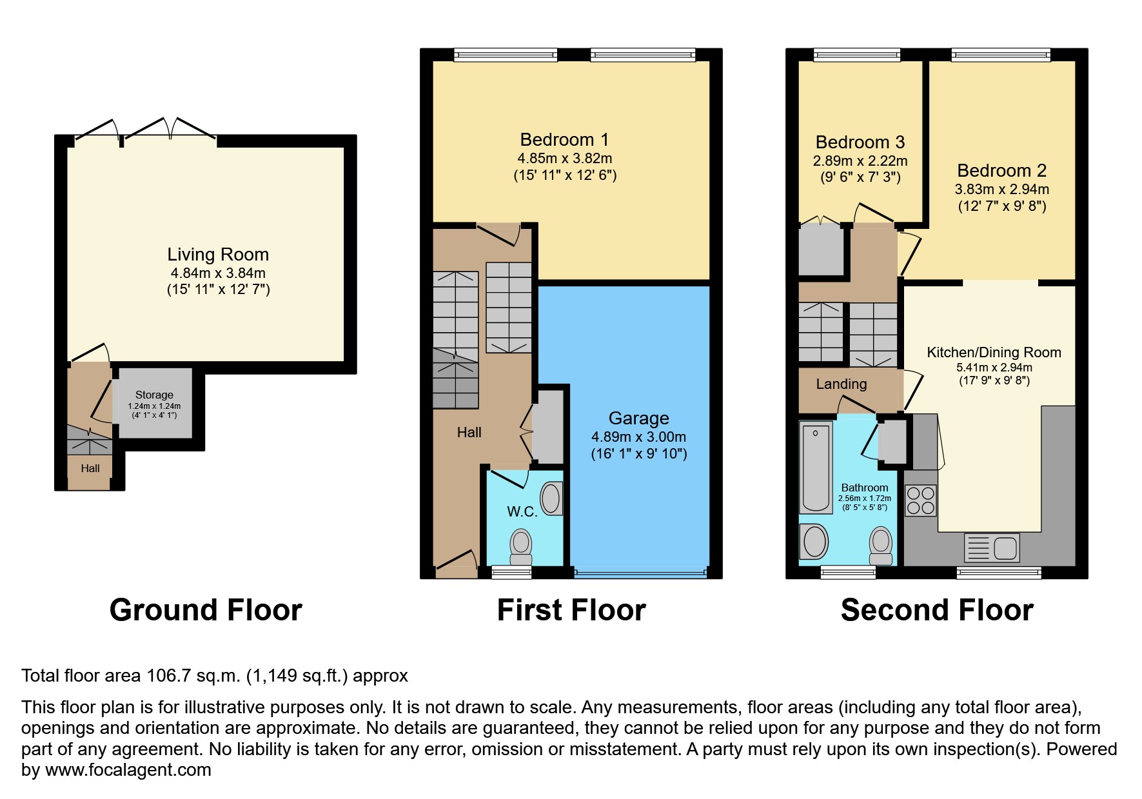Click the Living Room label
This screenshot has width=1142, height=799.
coord(218,255)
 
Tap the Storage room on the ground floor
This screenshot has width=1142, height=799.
coord(155,404)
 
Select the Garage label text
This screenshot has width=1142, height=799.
coord(638,419)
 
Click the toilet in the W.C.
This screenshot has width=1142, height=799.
coord(521,547)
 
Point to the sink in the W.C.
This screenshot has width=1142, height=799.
coord(551,498)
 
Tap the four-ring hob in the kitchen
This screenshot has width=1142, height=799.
coord(920,501)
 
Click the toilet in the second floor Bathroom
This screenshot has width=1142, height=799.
coord(881,546)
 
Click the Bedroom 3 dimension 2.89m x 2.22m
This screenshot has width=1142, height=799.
coord(860,161)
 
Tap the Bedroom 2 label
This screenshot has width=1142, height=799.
coord(1001,171)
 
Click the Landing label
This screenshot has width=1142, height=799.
coord(841,384)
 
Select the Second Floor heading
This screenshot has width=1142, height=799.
coord(936,610)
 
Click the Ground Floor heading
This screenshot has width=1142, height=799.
coord(206,610)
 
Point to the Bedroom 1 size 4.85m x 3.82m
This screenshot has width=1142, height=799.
coord(564,159)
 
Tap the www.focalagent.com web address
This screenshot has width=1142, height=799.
coord(128,770)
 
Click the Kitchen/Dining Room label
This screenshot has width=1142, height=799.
coord(994,353)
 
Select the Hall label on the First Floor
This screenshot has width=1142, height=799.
coord(469,433)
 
